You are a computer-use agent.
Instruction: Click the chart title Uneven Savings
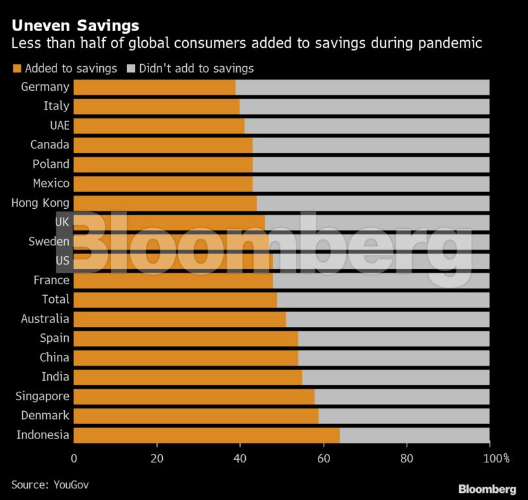[x=75, y=25]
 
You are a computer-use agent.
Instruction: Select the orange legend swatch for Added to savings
[x=17, y=68]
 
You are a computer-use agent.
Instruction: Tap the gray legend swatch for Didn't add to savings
[x=130, y=68]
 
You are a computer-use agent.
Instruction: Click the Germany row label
[x=45, y=87]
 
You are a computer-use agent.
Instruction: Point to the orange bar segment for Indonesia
[x=206, y=435]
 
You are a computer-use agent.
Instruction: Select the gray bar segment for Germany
[x=362, y=87]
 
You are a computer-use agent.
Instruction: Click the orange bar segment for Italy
[x=156, y=106]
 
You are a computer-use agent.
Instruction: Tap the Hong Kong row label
[x=40, y=203]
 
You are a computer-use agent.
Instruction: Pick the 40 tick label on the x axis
[x=240, y=458]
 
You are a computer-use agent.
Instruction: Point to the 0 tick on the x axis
[x=74, y=458]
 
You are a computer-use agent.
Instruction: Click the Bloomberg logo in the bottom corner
[x=487, y=489]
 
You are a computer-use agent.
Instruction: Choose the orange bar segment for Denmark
[x=196, y=416]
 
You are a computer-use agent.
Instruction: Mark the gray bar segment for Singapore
[x=402, y=396]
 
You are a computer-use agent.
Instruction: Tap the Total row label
[x=55, y=299]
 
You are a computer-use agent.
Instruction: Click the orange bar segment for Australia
[x=180, y=319]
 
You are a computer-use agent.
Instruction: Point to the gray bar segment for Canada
[x=370, y=145]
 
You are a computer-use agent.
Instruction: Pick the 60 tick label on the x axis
[x=323, y=458]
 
